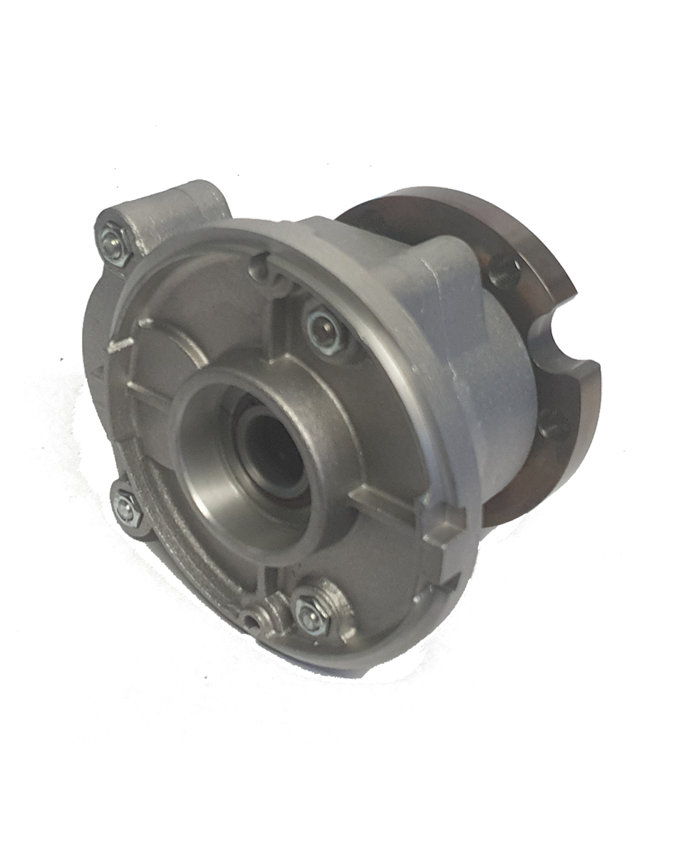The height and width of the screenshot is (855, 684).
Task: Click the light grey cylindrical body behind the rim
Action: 492,399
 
